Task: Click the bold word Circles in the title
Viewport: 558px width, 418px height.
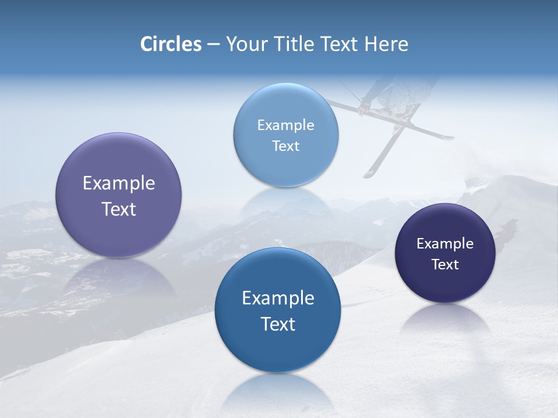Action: pyautogui.click(x=171, y=44)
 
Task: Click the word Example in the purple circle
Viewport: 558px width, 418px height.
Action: pyautogui.click(x=119, y=183)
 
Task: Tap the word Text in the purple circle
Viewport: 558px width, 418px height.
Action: pyautogui.click(x=119, y=209)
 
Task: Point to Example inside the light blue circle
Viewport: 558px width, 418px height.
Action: pyautogui.click(x=286, y=125)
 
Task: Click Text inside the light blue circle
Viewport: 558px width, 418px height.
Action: pyautogui.click(x=286, y=146)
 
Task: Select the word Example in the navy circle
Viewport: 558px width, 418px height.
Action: pyautogui.click(x=445, y=244)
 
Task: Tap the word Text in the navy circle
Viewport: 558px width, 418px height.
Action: pyautogui.click(x=445, y=265)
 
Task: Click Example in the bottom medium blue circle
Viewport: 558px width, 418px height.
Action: pyautogui.click(x=278, y=298)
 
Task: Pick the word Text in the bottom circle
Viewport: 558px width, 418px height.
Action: pyautogui.click(x=278, y=324)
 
